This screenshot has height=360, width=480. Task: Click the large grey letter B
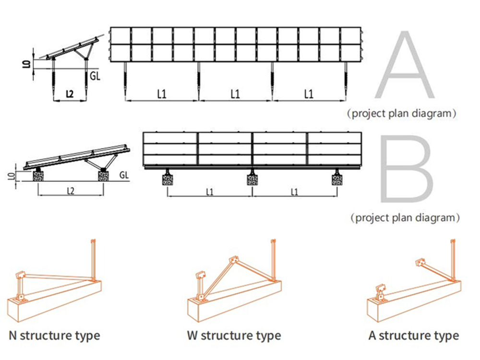pos(406,170)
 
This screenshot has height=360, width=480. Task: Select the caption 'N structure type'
pos(54,335)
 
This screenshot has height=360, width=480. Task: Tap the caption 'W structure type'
pos(234,335)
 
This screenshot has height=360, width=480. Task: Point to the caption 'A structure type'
pos(414,335)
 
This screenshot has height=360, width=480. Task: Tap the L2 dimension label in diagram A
pos(70,94)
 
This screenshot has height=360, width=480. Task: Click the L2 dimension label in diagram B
pos(70,191)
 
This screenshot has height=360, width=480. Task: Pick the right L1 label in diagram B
pos(294,192)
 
